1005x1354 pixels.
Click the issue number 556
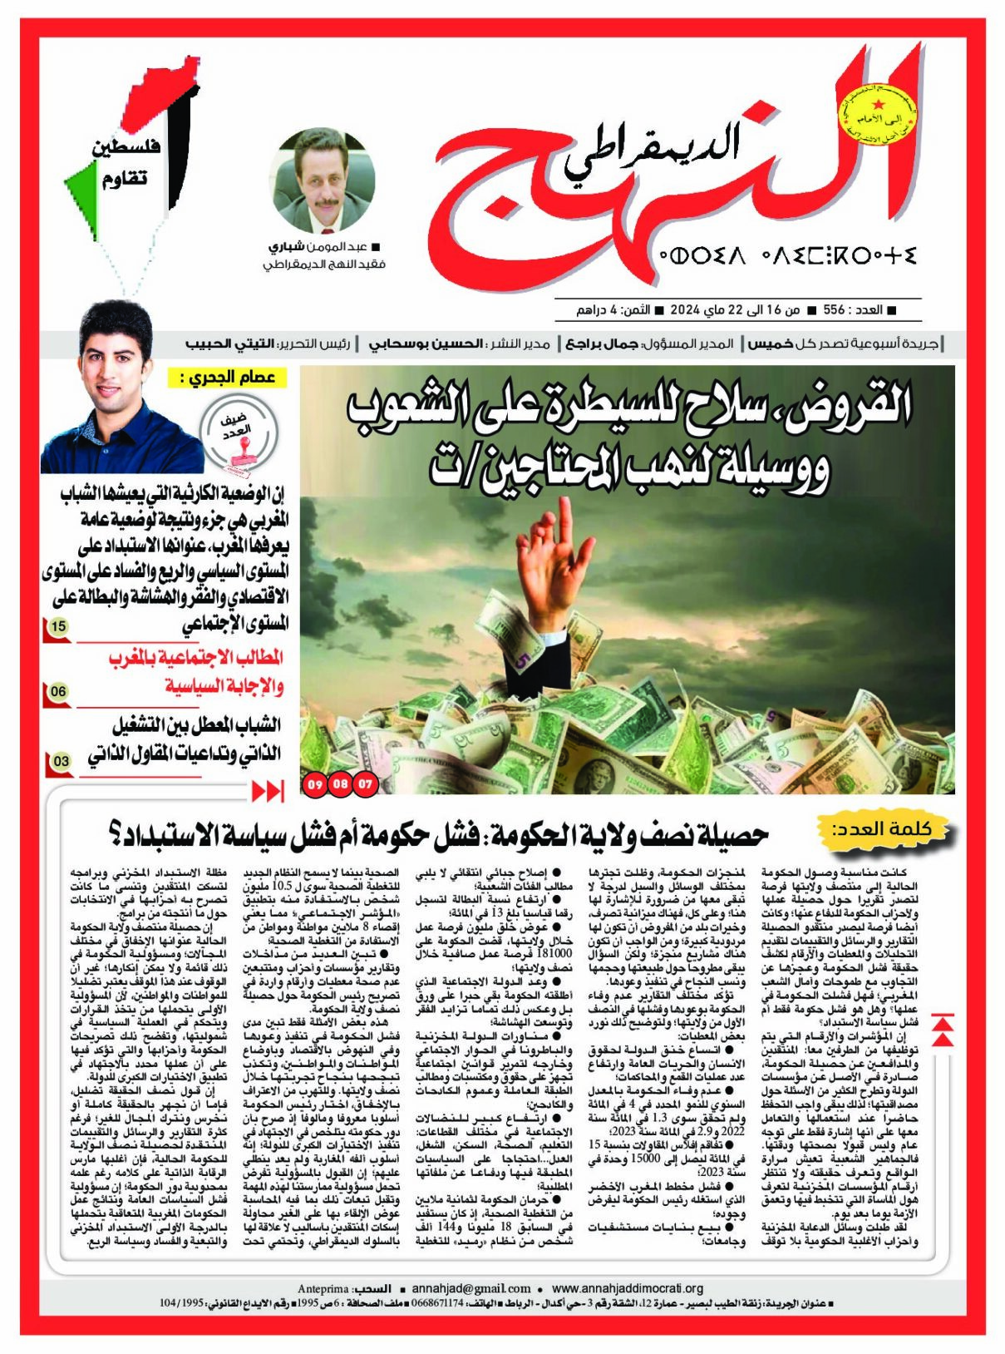click(833, 310)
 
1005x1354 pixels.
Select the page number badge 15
click(58, 626)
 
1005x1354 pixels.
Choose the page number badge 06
click(58, 691)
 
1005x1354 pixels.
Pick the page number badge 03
click(61, 760)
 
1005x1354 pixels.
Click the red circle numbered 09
click(314, 783)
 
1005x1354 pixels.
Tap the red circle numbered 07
click(366, 783)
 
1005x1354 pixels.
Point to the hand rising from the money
click(554, 574)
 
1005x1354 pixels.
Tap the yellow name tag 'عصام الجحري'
click(226, 378)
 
